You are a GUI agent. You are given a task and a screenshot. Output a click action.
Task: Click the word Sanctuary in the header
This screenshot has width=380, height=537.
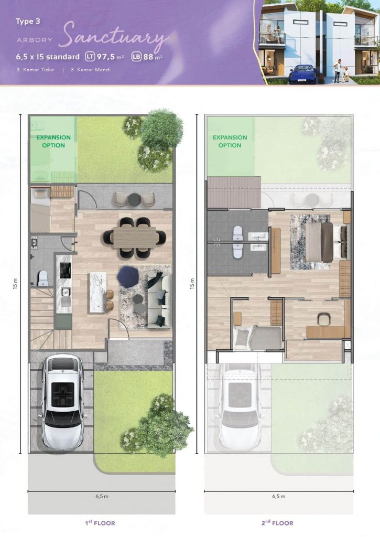pos(115,37)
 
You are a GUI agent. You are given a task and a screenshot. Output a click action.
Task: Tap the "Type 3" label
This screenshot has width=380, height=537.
pos(28,21)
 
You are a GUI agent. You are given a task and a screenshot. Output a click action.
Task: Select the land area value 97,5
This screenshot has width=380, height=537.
pos(105,57)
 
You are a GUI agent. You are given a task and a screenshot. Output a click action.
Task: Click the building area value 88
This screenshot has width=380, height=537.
pos(148,57)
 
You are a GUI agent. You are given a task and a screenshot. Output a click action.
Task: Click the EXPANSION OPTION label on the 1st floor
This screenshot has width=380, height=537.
pos(53,142)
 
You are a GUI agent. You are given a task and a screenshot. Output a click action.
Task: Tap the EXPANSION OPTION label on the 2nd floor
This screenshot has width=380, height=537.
pos(230,142)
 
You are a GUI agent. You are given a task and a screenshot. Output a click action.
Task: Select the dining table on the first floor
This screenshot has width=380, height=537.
pos(135,238)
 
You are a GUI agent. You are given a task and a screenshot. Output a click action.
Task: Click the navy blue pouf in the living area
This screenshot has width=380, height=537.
pos(128,277)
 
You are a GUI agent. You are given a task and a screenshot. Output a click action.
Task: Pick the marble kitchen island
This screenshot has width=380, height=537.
pos(96,292)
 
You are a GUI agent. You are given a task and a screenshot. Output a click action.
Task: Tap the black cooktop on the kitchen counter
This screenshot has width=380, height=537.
pos(66,270)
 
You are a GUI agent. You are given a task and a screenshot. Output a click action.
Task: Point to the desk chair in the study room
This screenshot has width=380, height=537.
pos(323,319)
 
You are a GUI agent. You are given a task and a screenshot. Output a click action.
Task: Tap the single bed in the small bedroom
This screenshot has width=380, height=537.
pos(257,337)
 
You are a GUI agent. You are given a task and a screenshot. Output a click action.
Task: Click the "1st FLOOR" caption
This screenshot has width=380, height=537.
pos(100,523)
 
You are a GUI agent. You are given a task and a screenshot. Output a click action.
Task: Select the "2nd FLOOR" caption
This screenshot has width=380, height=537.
pos(277,523)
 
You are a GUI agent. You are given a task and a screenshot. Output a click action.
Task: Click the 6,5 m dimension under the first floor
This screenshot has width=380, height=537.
pos(102,496)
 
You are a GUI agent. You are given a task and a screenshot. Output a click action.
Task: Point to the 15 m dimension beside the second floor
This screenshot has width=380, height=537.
pos(192,284)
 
